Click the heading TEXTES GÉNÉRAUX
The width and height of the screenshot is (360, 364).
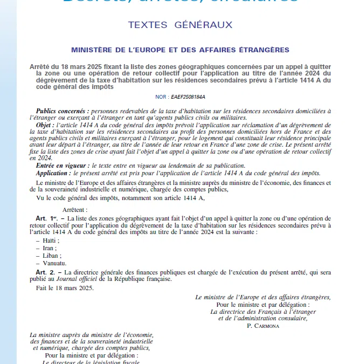(180, 25)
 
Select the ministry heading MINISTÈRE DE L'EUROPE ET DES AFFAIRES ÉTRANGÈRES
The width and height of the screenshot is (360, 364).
(180, 50)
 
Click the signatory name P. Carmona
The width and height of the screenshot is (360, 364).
(264, 326)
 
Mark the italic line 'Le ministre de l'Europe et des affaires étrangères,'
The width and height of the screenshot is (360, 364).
(263, 297)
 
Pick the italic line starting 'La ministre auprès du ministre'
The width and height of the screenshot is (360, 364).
(92, 335)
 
